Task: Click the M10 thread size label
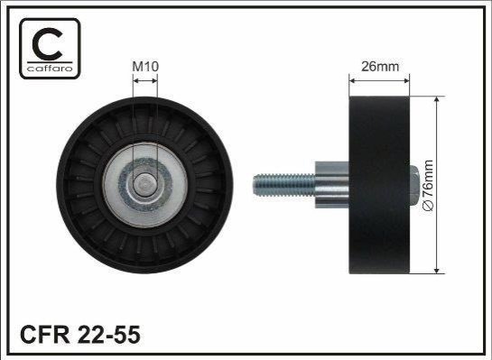pos(145,67)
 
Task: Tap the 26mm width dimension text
pos(380,67)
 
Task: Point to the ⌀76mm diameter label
pos(428,185)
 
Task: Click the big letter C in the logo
pos(48,44)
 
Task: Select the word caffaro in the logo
pos(50,69)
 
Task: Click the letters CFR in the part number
pos(45,335)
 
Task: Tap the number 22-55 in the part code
pos(108,335)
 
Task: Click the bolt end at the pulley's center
pos(144,185)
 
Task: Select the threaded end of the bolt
pos(284,185)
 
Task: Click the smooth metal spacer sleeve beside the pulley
pos(332,185)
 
